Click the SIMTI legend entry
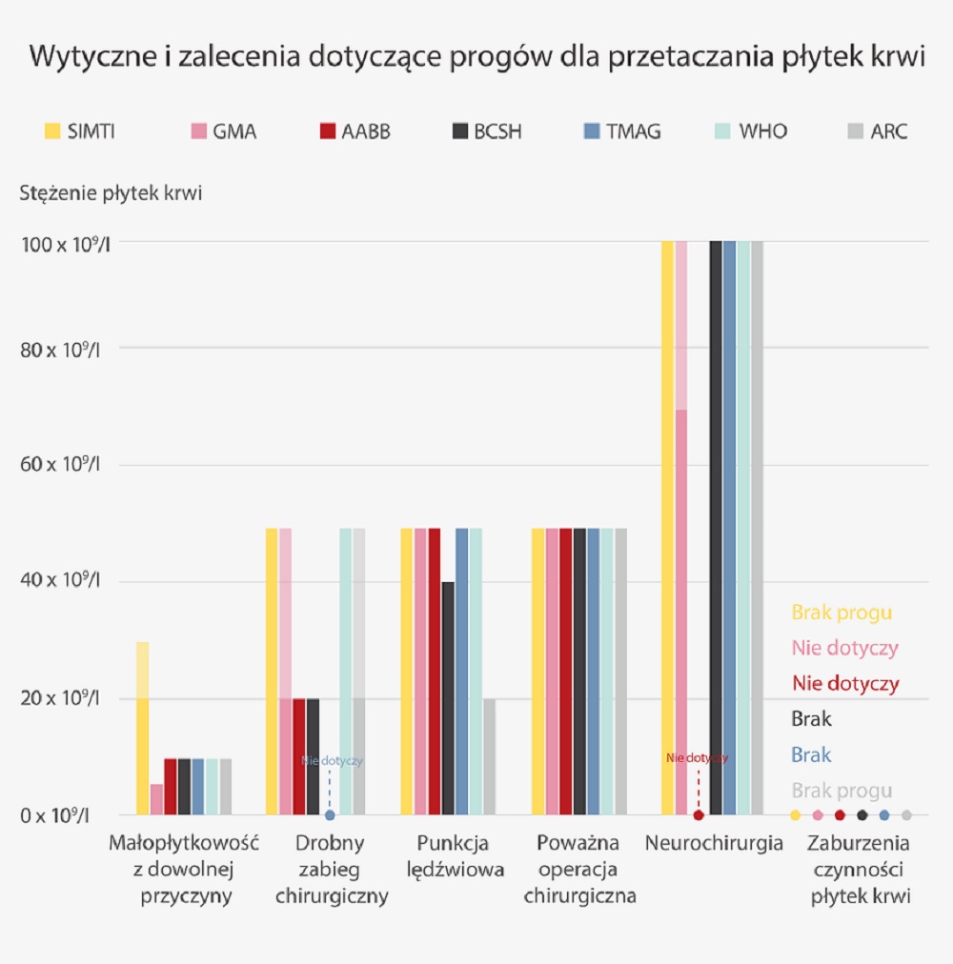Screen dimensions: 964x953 coord(80,131)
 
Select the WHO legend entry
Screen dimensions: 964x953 coord(750,131)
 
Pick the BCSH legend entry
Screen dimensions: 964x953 coord(486,131)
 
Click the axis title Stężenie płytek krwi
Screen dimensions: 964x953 coord(111,192)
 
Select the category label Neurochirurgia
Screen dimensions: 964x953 coord(714,844)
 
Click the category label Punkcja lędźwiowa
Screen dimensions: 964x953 coord(454,856)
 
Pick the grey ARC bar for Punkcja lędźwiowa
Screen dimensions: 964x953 coord(489,756)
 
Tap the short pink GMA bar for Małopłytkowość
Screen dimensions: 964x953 coord(156,800)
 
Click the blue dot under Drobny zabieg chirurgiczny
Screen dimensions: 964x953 coord(330,815)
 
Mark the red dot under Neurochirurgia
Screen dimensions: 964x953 coord(699,815)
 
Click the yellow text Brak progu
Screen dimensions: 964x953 coord(841,613)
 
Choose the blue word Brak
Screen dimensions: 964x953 coord(811,755)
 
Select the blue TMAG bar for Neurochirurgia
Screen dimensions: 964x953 coord(729,529)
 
